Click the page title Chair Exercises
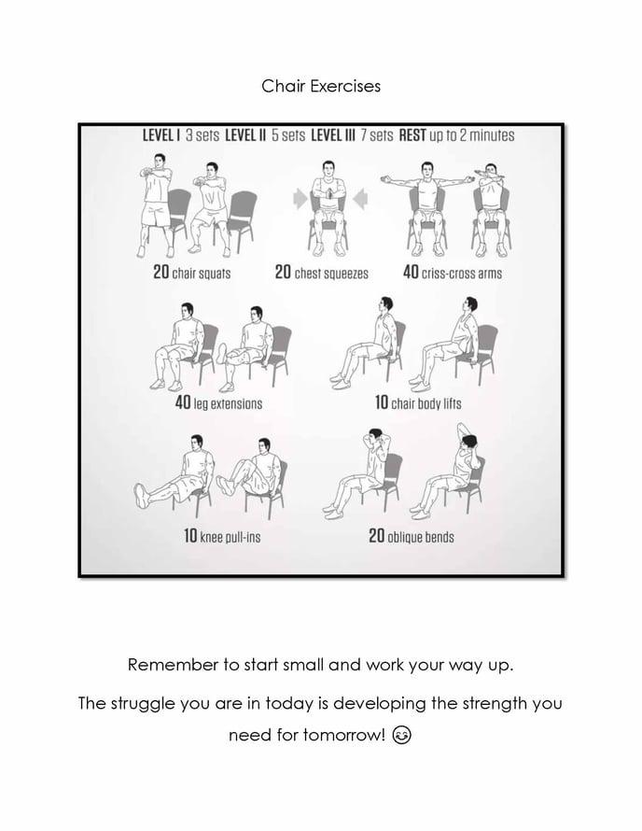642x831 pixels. click(320, 86)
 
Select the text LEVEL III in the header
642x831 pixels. click(338, 135)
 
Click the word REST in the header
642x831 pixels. click(412, 135)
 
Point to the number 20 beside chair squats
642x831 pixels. click(160, 274)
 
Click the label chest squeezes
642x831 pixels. click(331, 274)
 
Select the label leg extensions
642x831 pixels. click(228, 404)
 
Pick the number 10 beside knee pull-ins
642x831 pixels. click(189, 537)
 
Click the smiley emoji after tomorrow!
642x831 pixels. click(402, 735)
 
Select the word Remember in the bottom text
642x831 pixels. click(166, 666)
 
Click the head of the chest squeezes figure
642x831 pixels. click(328, 169)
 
